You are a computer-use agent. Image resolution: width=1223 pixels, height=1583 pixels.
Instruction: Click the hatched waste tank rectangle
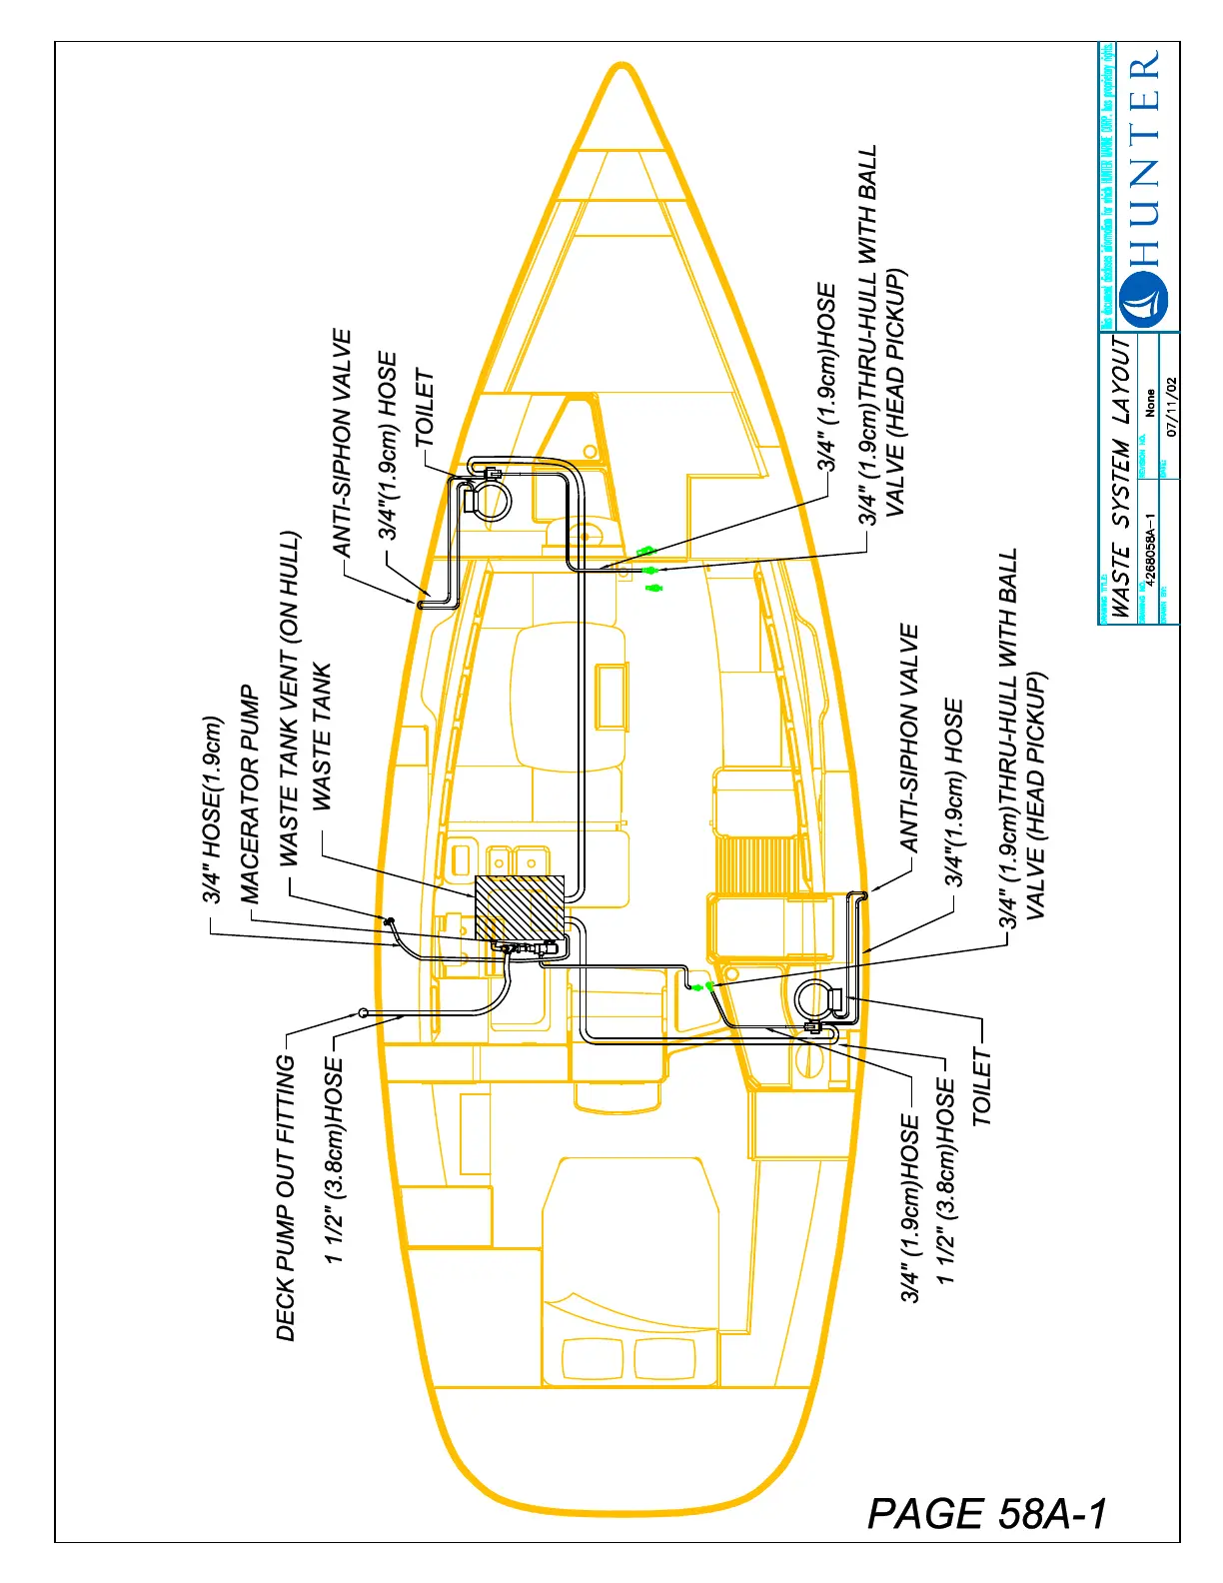pos(520,909)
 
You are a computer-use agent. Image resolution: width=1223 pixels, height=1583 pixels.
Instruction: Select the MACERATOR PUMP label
pos(250,793)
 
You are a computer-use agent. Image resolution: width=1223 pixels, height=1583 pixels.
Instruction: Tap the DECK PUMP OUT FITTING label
pos(286,1198)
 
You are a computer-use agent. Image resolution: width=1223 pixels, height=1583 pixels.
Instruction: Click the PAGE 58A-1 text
pos(987,1514)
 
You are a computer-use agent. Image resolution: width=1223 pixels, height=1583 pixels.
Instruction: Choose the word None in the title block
pos(1150,403)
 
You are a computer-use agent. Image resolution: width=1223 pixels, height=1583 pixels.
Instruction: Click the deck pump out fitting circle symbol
pos(364,1012)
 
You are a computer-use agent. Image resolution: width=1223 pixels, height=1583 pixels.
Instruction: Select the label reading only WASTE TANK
pos(321,736)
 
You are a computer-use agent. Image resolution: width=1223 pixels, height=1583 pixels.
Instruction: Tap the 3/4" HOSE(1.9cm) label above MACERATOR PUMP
pos(212,809)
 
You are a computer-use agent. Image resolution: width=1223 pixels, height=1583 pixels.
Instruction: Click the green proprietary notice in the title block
pos(1107,186)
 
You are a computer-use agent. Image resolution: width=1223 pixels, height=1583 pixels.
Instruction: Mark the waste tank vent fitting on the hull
pos(388,918)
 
